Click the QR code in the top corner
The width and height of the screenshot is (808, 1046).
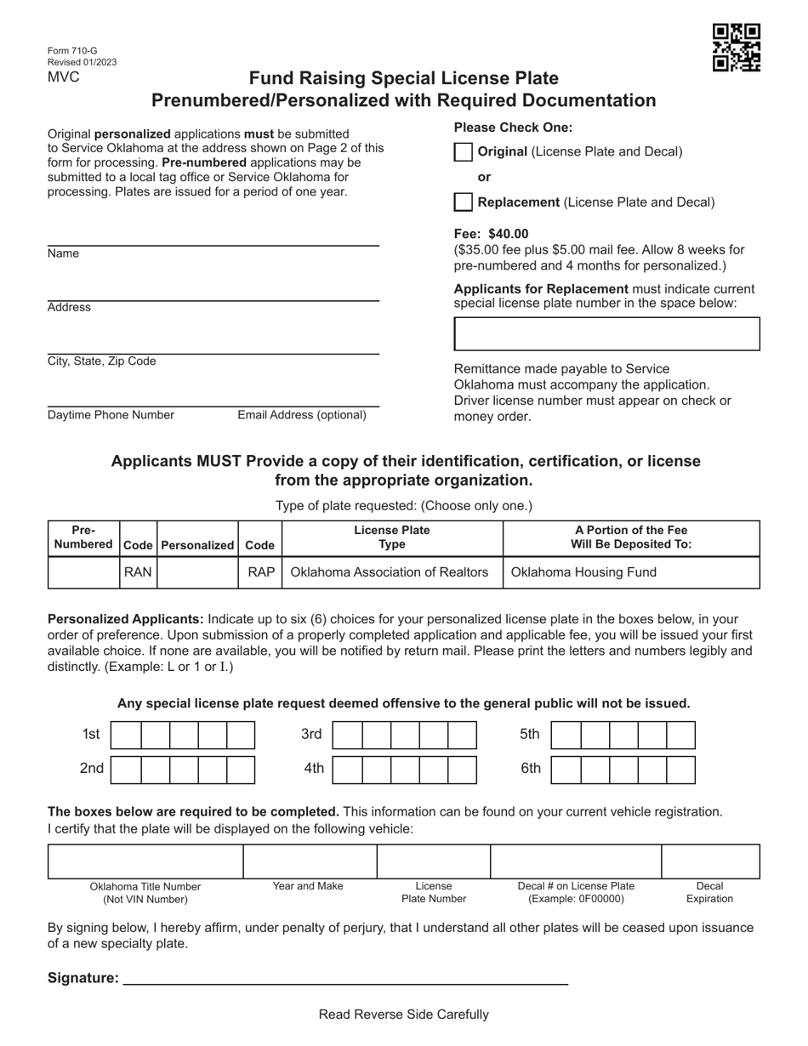[736, 48]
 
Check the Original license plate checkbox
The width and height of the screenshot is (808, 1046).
[463, 152]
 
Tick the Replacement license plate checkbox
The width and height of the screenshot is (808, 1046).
[463, 202]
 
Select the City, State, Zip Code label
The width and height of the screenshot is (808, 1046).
[102, 361]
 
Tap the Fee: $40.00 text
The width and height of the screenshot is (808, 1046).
[491, 234]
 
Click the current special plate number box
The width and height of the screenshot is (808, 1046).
[606, 334]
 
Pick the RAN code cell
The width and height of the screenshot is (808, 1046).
[138, 572]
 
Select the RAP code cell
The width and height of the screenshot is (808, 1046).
[260, 572]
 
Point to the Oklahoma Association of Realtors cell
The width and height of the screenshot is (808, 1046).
[390, 572]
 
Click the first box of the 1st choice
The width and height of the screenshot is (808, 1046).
[126, 735]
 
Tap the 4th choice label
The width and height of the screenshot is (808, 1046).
[314, 769]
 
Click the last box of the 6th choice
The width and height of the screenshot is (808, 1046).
[680, 769]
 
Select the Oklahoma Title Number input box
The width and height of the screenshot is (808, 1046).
[145, 861]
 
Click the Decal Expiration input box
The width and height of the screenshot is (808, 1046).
[709, 861]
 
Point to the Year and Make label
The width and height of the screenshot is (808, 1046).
[308, 886]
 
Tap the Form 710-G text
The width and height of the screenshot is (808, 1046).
[72, 51]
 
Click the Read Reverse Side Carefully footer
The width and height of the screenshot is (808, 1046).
[403, 1015]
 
